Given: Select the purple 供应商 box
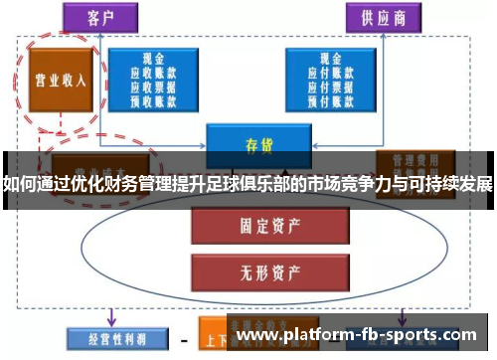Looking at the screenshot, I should point(382,17).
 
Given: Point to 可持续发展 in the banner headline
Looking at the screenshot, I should point(451,184).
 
